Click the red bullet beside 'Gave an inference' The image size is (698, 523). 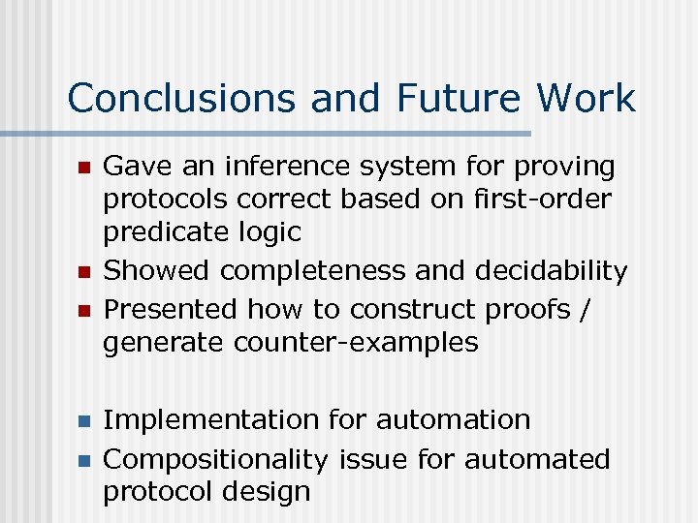pos(84,168)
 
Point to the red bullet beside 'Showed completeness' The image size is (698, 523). pos(84,272)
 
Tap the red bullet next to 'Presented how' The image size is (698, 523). pos(84,311)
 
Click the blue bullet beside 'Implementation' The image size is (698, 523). pos(84,421)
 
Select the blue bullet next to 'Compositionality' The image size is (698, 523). pos(84,460)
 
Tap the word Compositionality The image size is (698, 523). pos(218,459)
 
